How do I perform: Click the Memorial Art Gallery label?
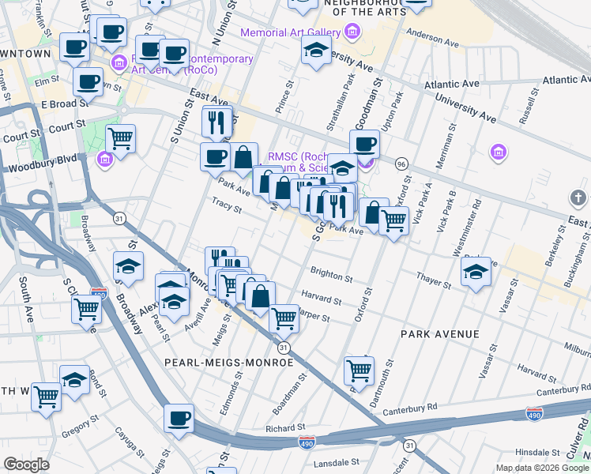[290, 33]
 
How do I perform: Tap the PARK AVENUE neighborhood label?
[439, 334]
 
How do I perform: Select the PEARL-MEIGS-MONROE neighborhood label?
[228, 362]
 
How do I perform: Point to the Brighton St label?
[332, 277]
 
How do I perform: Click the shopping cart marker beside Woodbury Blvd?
[120, 138]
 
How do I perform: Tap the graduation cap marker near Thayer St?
[475, 272]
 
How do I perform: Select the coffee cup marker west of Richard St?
[179, 417]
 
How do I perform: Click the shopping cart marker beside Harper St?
[284, 318]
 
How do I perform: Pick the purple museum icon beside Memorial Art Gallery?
[352, 33]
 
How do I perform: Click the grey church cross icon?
[578, 197]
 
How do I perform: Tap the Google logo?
[26, 465]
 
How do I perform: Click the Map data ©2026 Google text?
[541, 468]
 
